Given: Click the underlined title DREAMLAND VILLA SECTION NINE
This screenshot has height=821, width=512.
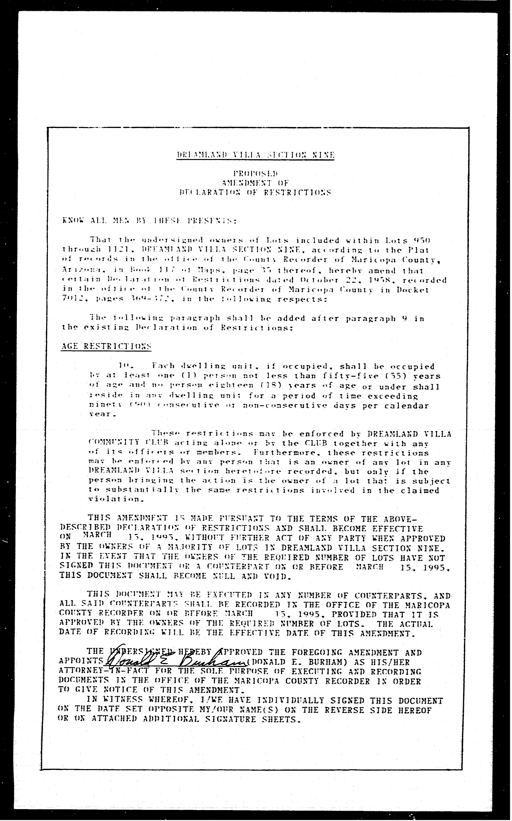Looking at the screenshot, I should [x=255, y=155].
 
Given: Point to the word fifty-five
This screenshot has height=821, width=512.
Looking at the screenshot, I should [x=343, y=376].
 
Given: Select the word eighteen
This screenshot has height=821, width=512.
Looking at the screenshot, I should [x=230, y=385].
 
